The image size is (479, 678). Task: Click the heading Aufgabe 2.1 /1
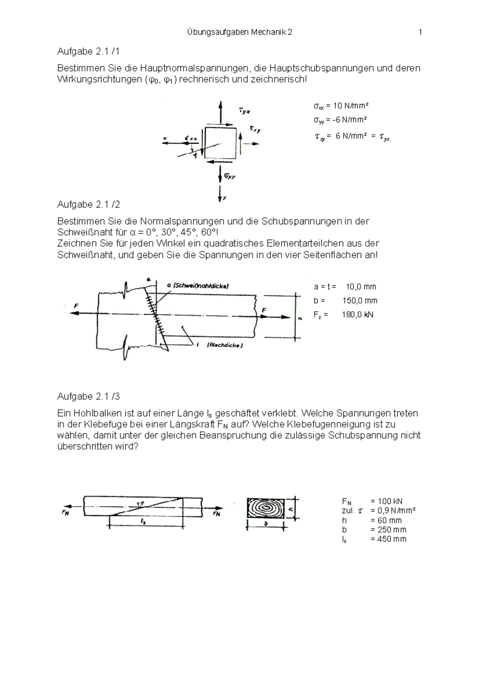pyautogui.click(x=88, y=52)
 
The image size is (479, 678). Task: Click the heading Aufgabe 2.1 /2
pyautogui.click(x=88, y=204)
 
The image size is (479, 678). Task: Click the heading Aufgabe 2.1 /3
pyautogui.click(x=88, y=396)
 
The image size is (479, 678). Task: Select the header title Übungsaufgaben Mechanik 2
pyautogui.click(x=239, y=32)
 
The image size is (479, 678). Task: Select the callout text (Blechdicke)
pyautogui.click(x=224, y=345)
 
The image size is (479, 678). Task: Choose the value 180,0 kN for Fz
pyautogui.click(x=357, y=315)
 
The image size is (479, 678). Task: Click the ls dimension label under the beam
pyautogui.click(x=143, y=521)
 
